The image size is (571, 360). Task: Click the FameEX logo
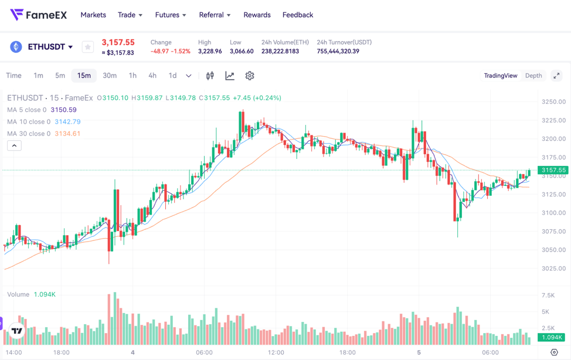point(39,15)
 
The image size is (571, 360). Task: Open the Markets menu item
point(93,15)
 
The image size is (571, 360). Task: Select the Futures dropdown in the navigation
point(170,15)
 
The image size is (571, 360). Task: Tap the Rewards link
point(257,15)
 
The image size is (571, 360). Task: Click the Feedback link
point(298,15)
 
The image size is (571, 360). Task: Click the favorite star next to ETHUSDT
point(87,47)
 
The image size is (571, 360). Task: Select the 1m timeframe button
point(38,76)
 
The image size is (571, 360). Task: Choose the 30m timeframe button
point(110,76)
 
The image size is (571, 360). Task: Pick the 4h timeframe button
point(152,76)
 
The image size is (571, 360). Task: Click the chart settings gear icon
point(250,76)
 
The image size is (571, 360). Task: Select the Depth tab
point(533,76)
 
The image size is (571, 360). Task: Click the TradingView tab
point(501,76)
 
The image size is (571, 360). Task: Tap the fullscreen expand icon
point(556,76)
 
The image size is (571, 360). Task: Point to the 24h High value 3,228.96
point(210,52)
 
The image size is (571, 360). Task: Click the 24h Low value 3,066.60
point(242,52)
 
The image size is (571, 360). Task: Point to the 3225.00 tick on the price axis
point(553,121)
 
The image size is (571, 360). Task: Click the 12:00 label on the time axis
point(276,352)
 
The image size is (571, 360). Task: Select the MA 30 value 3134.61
point(67,134)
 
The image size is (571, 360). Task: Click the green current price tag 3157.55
point(553,171)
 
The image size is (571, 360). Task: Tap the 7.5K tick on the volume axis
point(548,296)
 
